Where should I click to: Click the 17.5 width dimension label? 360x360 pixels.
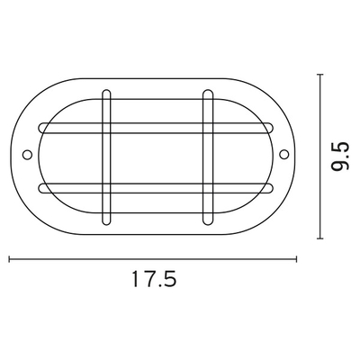154,279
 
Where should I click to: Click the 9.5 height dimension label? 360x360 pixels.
340,156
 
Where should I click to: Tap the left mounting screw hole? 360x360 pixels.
27,155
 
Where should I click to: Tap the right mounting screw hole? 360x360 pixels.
283,155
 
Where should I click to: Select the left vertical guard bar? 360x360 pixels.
106,157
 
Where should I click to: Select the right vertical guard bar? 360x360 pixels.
208,157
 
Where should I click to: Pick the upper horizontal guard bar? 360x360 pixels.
156,128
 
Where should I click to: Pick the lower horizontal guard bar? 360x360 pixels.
156,188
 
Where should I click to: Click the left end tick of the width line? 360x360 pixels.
10,259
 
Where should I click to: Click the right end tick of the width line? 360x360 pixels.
296,259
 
